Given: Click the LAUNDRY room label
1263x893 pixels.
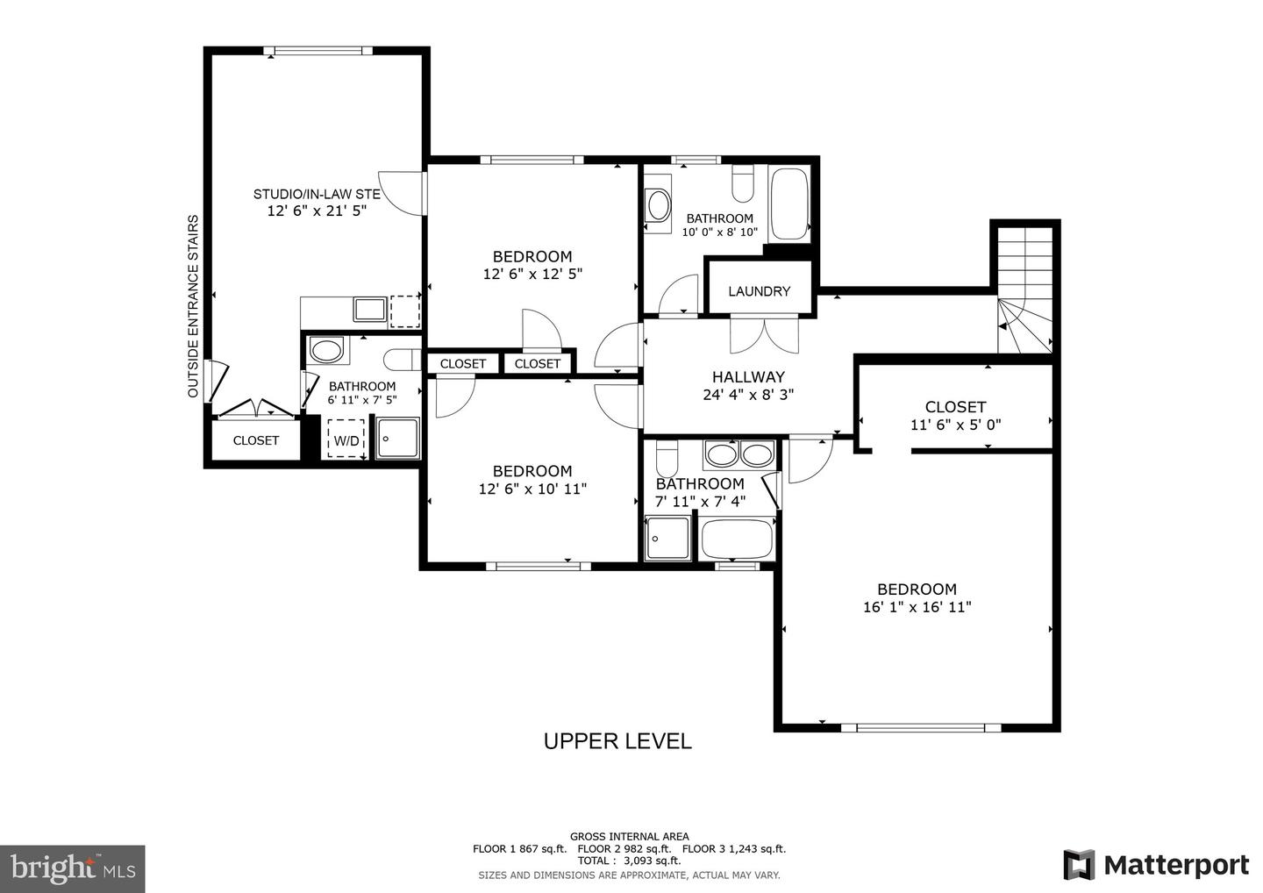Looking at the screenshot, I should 759,291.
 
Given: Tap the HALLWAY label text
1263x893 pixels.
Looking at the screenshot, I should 748,377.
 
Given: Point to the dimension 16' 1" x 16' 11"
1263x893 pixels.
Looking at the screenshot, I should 917,607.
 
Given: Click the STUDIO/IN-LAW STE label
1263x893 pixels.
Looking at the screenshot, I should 317,194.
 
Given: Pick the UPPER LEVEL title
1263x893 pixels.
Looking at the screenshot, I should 617,741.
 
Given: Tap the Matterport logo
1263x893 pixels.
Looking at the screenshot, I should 1156,864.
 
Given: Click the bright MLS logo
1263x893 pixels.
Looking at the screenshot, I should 72,868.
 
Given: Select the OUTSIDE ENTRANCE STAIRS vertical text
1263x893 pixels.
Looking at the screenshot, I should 194,306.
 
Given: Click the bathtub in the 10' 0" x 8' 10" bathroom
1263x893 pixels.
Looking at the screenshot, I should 788,205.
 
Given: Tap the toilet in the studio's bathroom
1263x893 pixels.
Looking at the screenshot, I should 404,359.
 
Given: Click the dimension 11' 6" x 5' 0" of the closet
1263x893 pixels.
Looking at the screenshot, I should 955,425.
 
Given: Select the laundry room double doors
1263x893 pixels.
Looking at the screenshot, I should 764,335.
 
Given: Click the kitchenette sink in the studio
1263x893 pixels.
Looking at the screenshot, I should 369,309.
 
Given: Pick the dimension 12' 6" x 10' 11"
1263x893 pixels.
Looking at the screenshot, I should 532,489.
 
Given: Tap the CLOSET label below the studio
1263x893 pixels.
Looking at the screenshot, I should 256,440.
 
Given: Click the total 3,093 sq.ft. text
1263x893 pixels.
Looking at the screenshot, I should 630,861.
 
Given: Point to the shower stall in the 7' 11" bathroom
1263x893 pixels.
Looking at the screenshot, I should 669,538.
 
